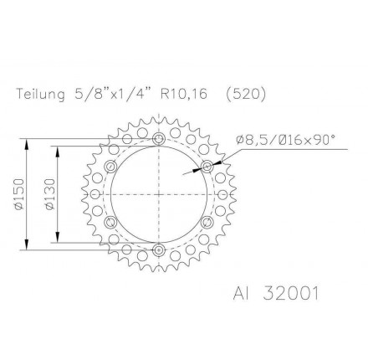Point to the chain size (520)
(x=245, y=94)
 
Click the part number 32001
(x=290, y=294)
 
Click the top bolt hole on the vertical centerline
(x=158, y=131)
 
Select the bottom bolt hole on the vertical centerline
(x=158, y=249)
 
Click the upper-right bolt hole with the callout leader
(x=208, y=166)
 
